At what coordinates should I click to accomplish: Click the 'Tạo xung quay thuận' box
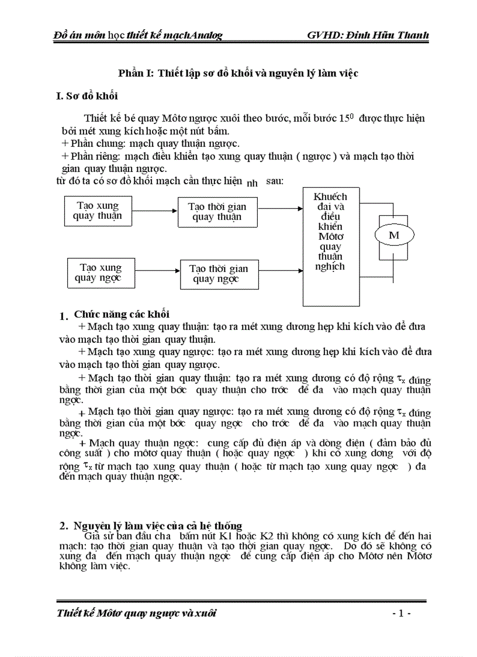[x=98, y=211]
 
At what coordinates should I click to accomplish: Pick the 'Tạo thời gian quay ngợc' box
[x=219, y=273]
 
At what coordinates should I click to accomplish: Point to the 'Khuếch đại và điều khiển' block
[x=330, y=246]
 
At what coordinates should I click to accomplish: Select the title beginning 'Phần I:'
[x=238, y=73]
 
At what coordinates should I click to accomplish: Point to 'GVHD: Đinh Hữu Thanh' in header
[x=368, y=35]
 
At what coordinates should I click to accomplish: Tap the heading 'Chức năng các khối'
[x=122, y=314]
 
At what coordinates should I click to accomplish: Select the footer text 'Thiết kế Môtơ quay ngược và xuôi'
[x=137, y=613]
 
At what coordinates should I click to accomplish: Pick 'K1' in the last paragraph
[x=228, y=536]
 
